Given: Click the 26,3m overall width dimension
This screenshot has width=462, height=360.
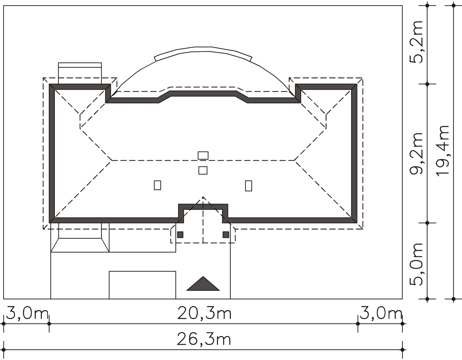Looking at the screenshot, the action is pyautogui.click(x=204, y=340).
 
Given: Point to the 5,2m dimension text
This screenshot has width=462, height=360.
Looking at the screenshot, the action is pyautogui.click(x=416, y=42).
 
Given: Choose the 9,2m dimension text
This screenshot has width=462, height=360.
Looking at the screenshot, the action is pyautogui.click(x=416, y=153).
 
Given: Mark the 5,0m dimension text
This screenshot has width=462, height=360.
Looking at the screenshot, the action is pyautogui.click(x=416, y=264).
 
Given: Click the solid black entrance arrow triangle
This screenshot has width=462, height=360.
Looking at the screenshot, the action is pyautogui.click(x=203, y=283).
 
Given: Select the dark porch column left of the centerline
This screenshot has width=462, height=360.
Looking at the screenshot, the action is pyautogui.click(x=180, y=235).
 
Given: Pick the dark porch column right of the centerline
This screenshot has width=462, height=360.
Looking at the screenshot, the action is pyautogui.click(x=226, y=235).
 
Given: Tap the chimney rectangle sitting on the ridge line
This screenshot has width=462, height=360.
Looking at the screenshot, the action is pyautogui.click(x=203, y=156).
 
